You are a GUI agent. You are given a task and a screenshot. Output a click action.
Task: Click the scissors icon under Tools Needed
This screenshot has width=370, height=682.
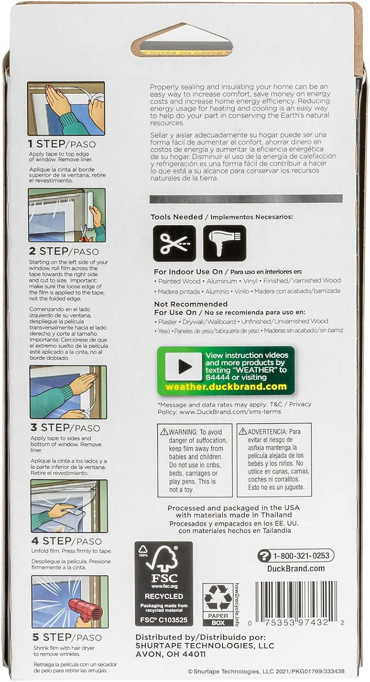174,243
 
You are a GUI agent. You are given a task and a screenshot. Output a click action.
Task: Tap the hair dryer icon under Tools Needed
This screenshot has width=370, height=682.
224,243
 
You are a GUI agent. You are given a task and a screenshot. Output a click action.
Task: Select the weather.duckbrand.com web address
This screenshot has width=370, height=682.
226,387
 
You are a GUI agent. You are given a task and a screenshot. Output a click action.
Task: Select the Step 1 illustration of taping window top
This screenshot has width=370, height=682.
66,108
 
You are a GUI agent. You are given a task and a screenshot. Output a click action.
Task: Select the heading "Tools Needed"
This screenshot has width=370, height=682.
177,217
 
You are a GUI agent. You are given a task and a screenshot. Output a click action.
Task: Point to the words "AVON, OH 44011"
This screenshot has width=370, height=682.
170,654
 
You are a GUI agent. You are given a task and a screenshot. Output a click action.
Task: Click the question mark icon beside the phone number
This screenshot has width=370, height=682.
264,556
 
